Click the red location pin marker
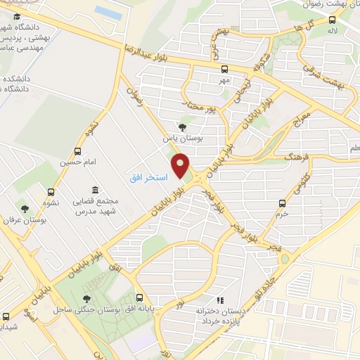coord(182,166)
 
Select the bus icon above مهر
coord(224,69)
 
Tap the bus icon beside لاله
coord(332,21)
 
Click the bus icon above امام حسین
coord(77,150)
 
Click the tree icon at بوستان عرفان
coord(25,209)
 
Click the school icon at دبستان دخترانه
coord(219,300)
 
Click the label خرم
coord(283,216)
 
